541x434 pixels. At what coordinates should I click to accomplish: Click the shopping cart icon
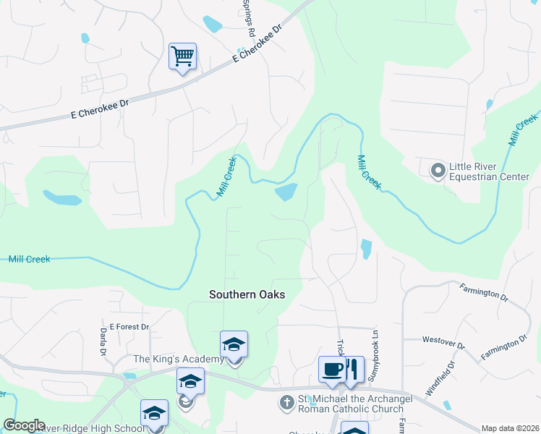point(182,56)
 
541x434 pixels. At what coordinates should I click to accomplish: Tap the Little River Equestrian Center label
point(489,171)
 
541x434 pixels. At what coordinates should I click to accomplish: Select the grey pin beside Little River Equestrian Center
point(438,171)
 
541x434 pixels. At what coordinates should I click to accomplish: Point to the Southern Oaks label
point(247,294)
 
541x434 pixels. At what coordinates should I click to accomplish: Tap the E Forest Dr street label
point(129,327)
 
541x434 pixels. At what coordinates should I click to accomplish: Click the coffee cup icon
point(332,369)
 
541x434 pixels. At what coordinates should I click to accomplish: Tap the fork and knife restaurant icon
point(353,369)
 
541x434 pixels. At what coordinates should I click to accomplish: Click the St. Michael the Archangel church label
point(352,404)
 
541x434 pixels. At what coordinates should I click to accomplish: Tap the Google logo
point(24,425)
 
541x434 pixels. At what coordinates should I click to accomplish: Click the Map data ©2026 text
point(509,428)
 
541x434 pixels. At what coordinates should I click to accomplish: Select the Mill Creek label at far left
point(29,259)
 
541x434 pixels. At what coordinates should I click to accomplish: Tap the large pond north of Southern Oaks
point(286,192)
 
